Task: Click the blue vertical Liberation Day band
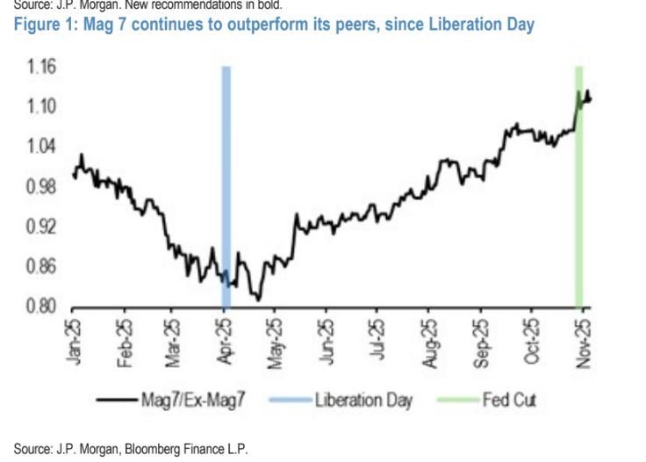226,176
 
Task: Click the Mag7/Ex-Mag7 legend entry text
192,401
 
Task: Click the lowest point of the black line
258,300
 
